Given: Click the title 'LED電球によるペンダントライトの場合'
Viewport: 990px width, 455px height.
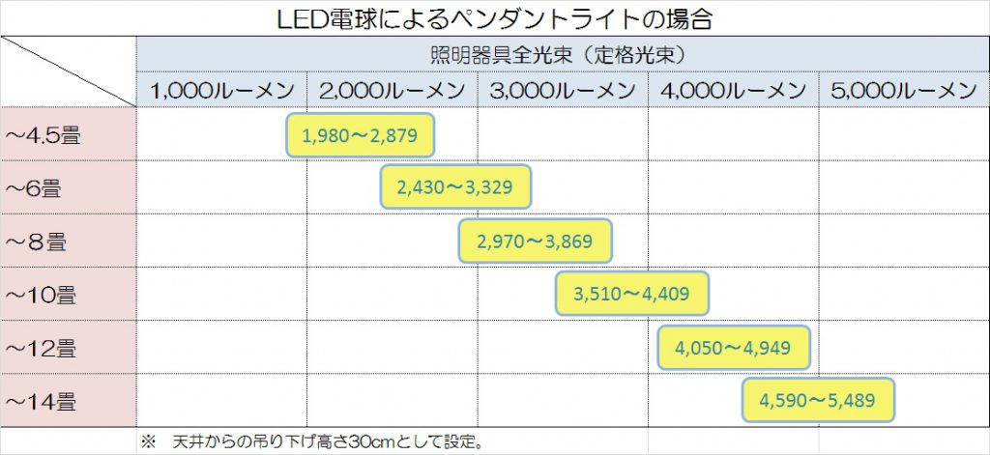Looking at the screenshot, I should (x=494, y=18).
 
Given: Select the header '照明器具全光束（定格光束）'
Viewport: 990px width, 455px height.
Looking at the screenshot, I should (x=562, y=54).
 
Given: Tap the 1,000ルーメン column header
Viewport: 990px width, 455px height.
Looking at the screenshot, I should (x=221, y=90).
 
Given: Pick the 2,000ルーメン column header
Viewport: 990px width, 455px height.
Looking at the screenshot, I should (x=392, y=90).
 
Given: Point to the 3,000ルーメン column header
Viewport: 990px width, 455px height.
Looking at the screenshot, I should (x=563, y=90).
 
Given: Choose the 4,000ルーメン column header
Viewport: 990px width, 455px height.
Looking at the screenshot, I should (x=733, y=90).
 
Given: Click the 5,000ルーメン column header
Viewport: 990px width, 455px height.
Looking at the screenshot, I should (x=903, y=90).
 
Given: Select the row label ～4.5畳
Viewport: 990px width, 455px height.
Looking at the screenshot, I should (x=44, y=135).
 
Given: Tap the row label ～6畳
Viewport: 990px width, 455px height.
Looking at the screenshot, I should (x=35, y=188).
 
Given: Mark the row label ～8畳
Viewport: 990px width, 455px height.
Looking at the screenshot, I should (x=35, y=241).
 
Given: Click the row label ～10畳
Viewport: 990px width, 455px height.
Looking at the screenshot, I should (x=40, y=294).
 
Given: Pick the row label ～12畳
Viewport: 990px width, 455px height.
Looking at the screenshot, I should (x=40, y=346).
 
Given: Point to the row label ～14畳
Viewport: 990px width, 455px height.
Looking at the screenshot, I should (x=40, y=399).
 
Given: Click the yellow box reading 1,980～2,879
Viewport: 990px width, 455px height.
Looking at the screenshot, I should (x=360, y=135).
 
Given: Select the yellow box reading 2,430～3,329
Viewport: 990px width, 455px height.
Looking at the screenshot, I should (x=456, y=187).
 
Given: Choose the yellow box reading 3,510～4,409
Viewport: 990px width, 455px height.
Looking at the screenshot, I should (x=632, y=293).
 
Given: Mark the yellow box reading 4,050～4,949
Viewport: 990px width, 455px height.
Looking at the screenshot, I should (x=734, y=347).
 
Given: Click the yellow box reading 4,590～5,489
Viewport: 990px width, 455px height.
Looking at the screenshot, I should (x=818, y=399).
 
